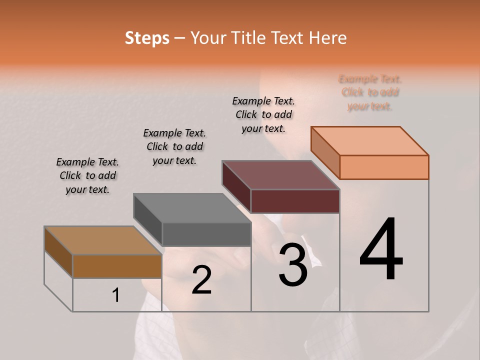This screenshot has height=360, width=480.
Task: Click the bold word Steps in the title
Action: [147, 38]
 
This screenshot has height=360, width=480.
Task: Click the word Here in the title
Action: [327, 38]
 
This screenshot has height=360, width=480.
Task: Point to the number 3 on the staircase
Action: [293, 264]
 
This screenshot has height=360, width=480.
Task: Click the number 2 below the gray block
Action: [201, 280]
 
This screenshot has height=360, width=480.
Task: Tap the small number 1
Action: [115, 295]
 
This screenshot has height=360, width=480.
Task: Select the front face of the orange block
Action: [384, 167]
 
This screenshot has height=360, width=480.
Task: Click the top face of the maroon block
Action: [281, 175]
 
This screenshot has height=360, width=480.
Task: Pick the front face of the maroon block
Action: [295, 201]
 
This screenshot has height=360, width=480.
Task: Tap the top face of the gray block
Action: [192, 208]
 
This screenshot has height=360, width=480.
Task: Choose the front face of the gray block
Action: [206, 234]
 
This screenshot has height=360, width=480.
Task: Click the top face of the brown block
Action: [103, 240]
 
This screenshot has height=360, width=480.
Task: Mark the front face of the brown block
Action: [117, 266]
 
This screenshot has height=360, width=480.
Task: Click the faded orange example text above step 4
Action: [370, 92]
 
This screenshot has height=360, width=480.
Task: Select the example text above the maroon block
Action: [263, 114]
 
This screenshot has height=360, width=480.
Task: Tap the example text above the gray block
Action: [174, 146]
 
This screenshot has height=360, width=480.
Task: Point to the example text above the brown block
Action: [87, 175]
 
